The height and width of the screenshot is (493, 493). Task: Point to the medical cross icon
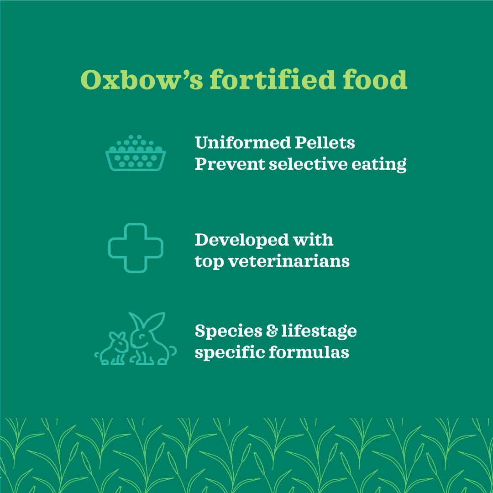(x=136, y=248)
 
